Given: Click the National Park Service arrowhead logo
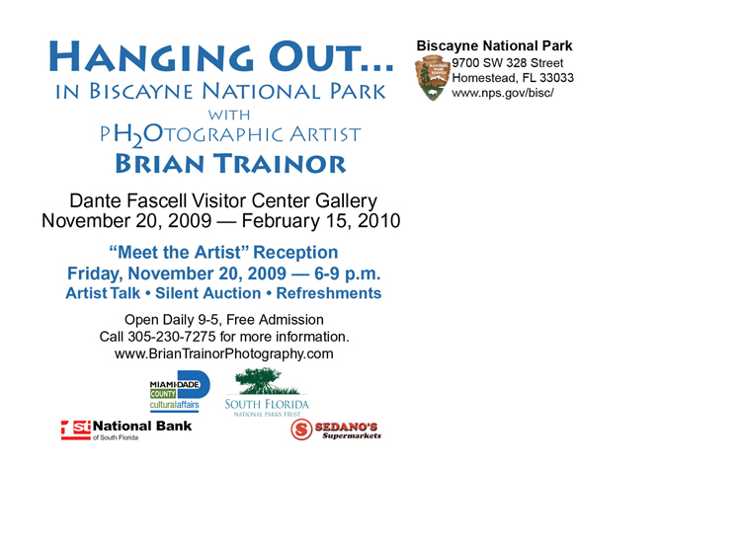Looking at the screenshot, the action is coord(432,78).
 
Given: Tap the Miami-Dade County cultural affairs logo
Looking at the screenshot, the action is coord(180,391).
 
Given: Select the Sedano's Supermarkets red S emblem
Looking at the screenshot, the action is coord(301,430).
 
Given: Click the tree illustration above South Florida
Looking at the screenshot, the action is coord(268,382).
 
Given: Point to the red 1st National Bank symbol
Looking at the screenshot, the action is coord(76,430).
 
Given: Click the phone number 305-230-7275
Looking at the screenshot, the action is coord(172,337).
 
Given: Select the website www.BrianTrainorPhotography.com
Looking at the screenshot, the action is coord(224,353).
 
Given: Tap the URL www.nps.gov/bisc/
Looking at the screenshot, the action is coord(502,93).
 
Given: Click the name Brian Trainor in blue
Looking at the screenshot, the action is coord(230,164).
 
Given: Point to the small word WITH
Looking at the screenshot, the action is coord(229,115).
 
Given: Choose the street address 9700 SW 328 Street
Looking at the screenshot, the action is coord(508,63).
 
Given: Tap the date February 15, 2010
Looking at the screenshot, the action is coord(321,221).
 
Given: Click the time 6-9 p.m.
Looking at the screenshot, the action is coord(348,274).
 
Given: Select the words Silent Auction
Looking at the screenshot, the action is coord(207,293).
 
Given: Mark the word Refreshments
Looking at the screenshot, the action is coord(329,293).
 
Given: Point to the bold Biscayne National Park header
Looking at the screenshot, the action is coord(494,45).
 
